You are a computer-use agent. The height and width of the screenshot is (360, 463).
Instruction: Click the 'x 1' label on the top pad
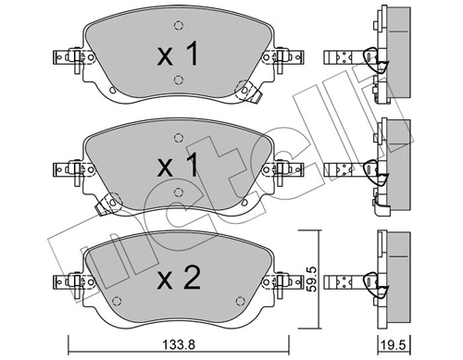178,56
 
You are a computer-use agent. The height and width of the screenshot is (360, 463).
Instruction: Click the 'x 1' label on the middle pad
178,167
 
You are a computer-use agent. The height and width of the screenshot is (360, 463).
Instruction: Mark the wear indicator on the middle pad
108,198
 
